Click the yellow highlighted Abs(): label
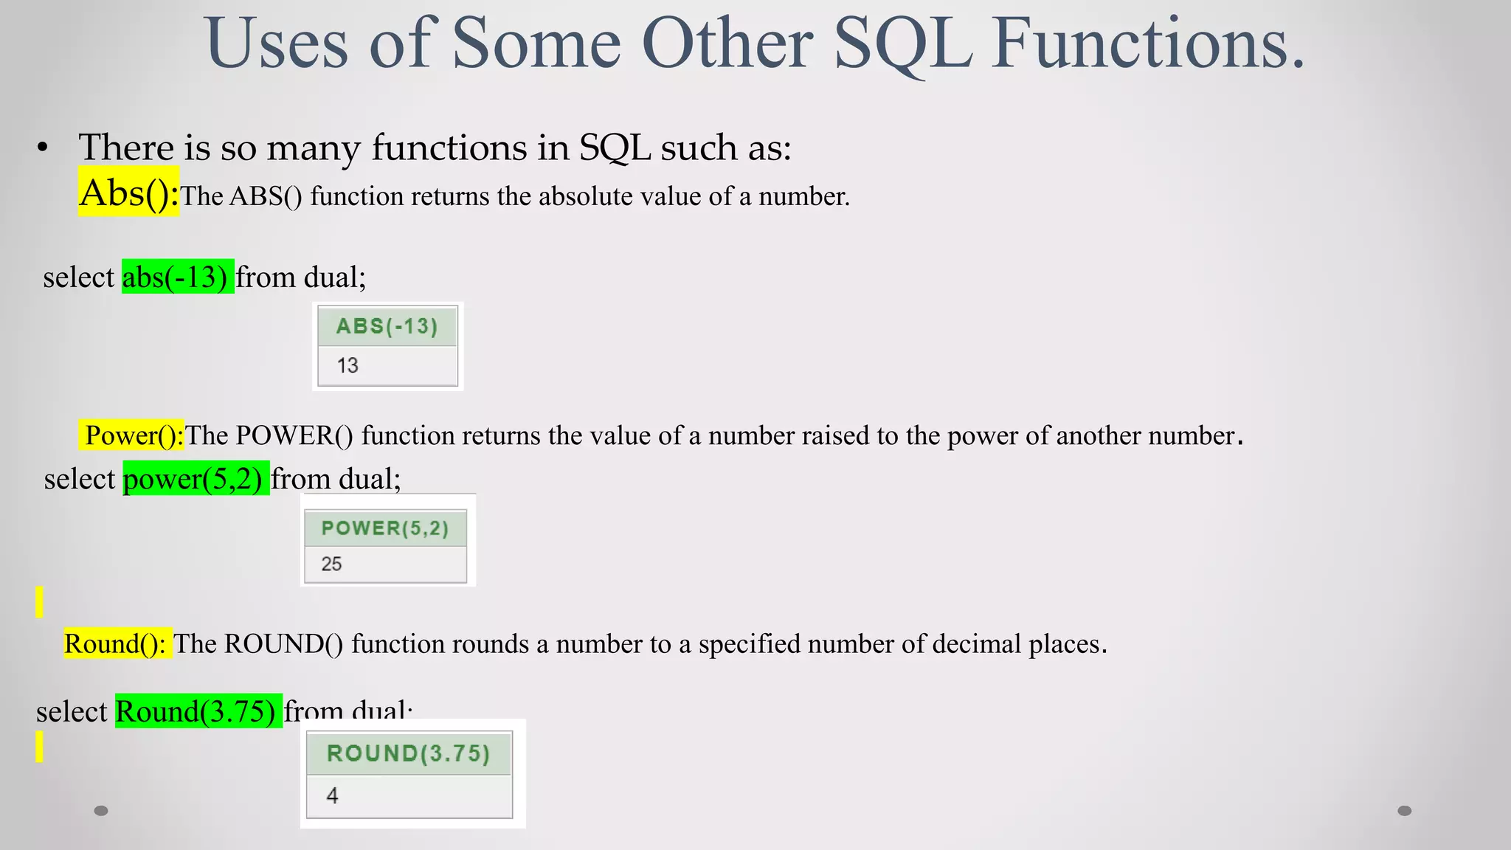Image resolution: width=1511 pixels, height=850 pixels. click(128, 193)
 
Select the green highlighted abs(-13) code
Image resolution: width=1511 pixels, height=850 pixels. click(177, 277)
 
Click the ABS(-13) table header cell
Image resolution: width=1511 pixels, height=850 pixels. click(387, 326)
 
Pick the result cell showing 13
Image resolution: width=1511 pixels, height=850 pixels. click(387, 366)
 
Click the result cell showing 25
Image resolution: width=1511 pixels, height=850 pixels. click(385, 564)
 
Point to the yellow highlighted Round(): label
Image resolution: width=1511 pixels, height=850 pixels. click(117, 644)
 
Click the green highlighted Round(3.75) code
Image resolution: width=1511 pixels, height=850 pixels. click(198, 711)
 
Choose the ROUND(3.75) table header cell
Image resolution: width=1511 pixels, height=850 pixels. click(409, 753)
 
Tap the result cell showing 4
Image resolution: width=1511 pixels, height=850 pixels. click(409, 796)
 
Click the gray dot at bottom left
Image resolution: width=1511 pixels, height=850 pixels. click(101, 811)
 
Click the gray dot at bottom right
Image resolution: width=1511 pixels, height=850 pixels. click(1405, 811)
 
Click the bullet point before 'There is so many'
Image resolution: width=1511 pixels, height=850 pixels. click(43, 148)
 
